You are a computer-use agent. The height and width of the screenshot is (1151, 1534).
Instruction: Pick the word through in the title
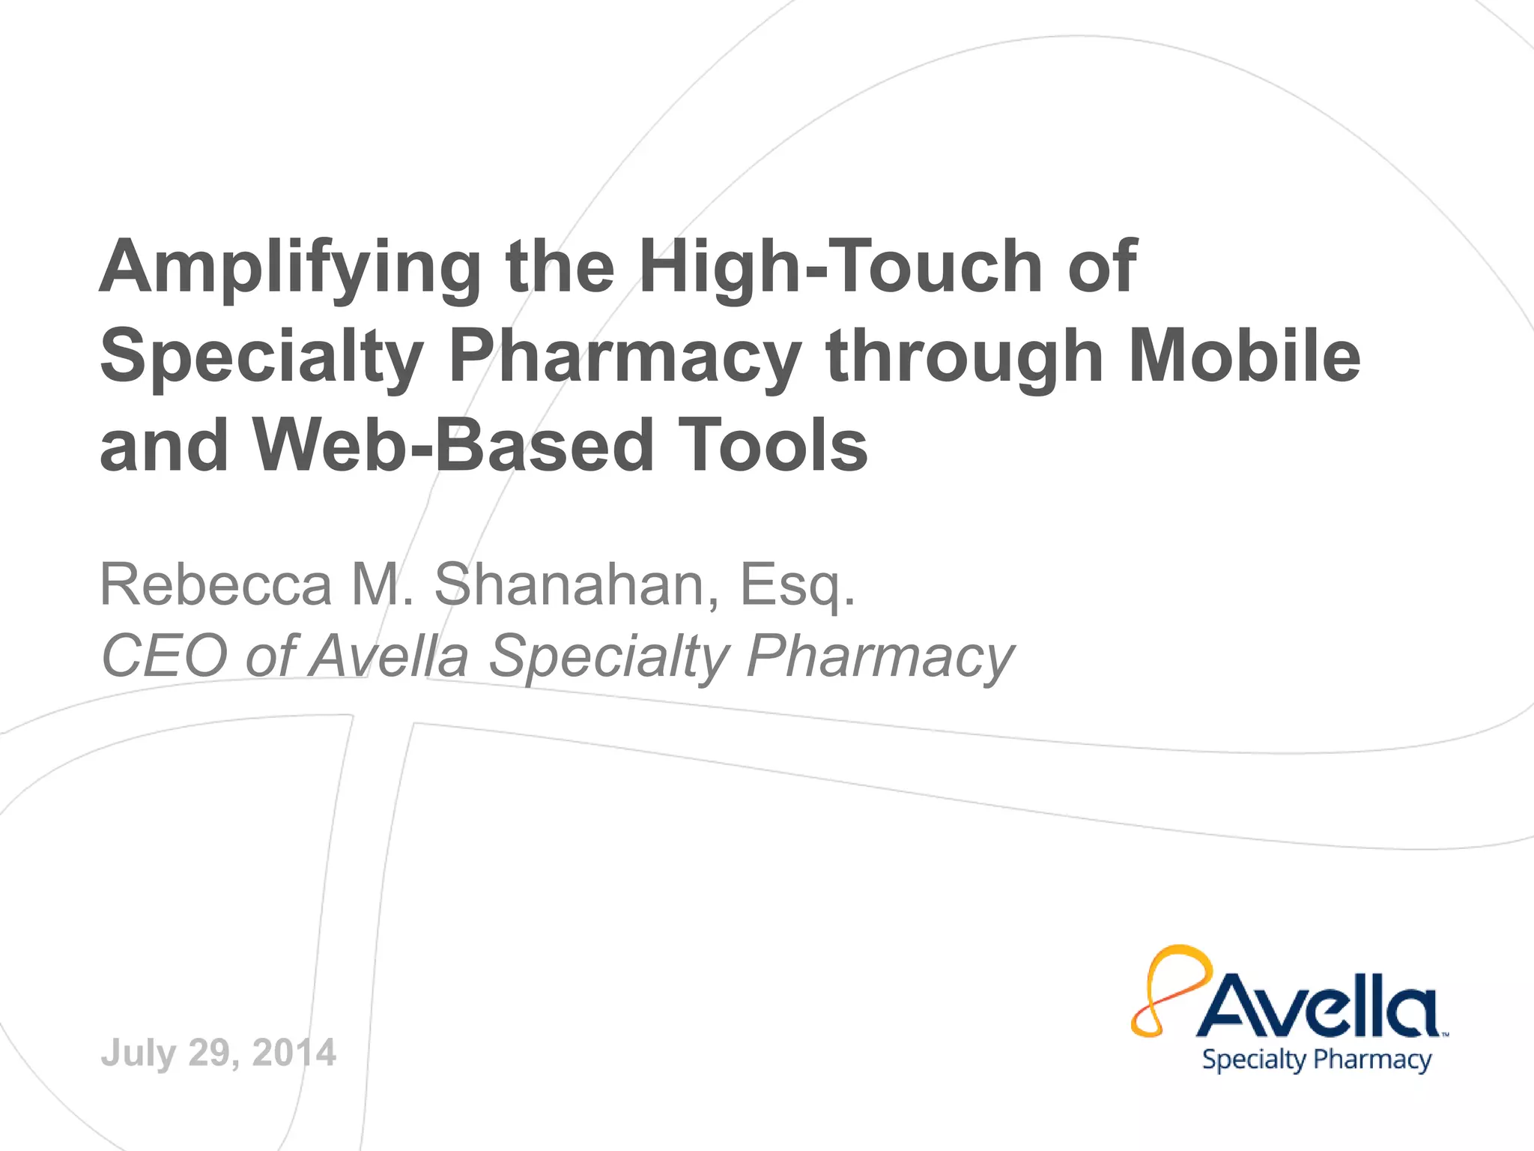[965, 358]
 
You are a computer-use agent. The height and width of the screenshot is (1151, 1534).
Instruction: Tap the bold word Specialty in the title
[262, 358]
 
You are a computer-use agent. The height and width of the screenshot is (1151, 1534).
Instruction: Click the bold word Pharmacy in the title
[625, 358]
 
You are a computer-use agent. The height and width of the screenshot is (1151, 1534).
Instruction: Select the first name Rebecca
[216, 584]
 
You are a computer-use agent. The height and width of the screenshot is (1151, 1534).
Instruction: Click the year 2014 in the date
[294, 1053]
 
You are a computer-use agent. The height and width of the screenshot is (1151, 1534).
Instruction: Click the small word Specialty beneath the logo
[1254, 1060]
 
